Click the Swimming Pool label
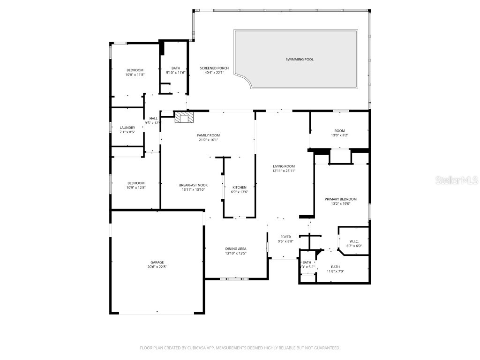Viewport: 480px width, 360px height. point(300,60)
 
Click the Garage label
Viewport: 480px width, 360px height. point(157,262)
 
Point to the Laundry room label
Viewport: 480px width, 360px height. point(127,127)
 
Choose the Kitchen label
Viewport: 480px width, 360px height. point(239,187)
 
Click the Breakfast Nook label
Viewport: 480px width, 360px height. point(193,185)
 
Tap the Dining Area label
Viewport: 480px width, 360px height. point(236,249)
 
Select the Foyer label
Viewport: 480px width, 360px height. point(285,237)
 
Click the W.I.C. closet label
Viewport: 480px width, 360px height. point(354,241)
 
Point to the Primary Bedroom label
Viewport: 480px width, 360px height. point(341,199)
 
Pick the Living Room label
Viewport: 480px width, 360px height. point(284,166)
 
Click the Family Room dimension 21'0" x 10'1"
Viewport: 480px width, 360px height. point(208,140)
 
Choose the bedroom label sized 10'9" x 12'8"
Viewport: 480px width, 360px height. point(136,183)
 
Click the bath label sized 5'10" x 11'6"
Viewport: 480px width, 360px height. point(176,68)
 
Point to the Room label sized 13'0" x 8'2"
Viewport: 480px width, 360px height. point(339,131)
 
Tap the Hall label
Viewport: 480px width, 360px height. point(153,118)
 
